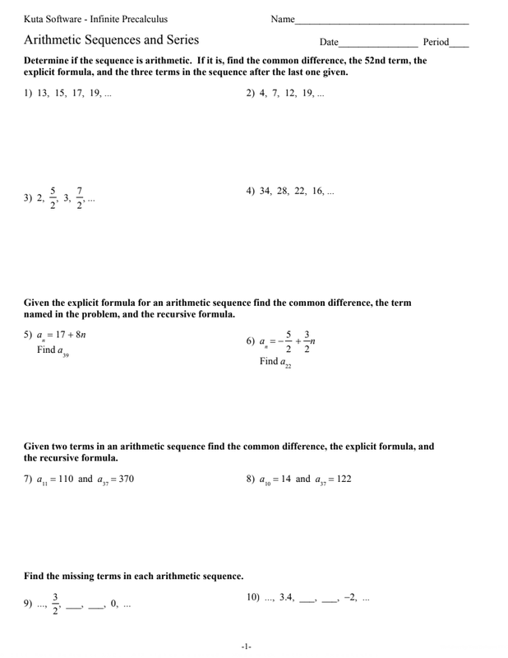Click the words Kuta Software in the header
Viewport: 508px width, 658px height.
(x=54, y=18)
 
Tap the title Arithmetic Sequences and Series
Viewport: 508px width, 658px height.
(x=111, y=39)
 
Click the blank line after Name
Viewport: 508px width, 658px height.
(x=381, y=21)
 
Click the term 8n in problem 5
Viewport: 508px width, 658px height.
(x=79, y=335)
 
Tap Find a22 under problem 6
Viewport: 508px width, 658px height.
(x=275, y=362)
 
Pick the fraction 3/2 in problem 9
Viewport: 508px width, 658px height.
(x=56, y=604)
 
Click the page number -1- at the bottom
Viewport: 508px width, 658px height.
(x=247, y=647)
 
